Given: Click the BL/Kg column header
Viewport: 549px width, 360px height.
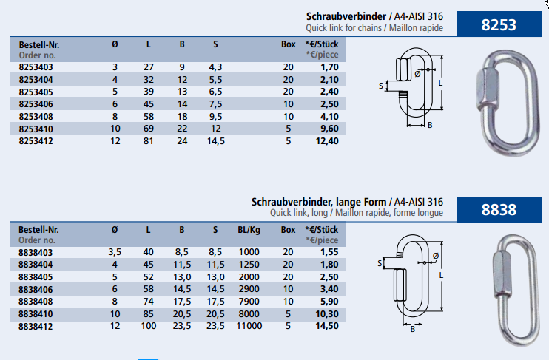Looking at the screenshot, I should (x=249, y=230).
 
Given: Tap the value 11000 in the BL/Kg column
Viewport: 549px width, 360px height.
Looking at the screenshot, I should (x=249, y=326).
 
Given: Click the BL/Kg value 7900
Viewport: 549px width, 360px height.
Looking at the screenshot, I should (x=250, y=301).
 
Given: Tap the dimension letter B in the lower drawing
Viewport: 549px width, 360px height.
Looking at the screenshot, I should (x=413, y=330).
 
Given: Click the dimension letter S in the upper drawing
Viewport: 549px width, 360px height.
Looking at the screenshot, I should (x=383, y=86).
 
